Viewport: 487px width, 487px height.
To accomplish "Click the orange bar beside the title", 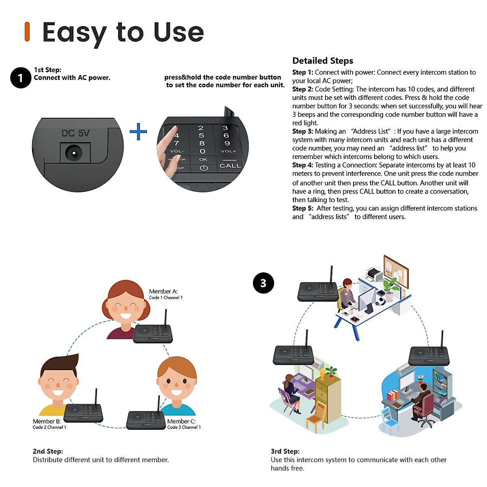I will tap(27, 32).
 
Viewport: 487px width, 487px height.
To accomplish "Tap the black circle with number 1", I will tap(21, 78).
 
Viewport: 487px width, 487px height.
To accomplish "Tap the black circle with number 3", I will tap(263, 283).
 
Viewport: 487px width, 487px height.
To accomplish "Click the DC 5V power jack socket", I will tap(73, 153).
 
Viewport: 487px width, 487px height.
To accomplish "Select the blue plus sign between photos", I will tap(138, 131).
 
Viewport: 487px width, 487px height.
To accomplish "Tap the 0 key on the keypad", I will tap(203, 151).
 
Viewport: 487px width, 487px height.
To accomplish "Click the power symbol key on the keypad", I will tap(204, 168).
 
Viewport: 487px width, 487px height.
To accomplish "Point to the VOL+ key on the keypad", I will tap(228, 151).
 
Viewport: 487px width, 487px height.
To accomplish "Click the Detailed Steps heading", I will tap(323, 61).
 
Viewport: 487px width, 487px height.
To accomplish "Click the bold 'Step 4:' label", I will tap(302, 165).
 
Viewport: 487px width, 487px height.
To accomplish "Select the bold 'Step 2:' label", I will tap(302, 89).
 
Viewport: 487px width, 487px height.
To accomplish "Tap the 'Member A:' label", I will tap(163, 291).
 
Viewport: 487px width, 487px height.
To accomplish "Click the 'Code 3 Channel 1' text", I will tap(184, 427).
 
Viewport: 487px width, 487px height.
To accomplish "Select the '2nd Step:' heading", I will tap(47, 451).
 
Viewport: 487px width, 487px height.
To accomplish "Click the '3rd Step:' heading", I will tap(285, 451).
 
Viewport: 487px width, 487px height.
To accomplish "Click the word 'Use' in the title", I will tap(179, 32).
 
